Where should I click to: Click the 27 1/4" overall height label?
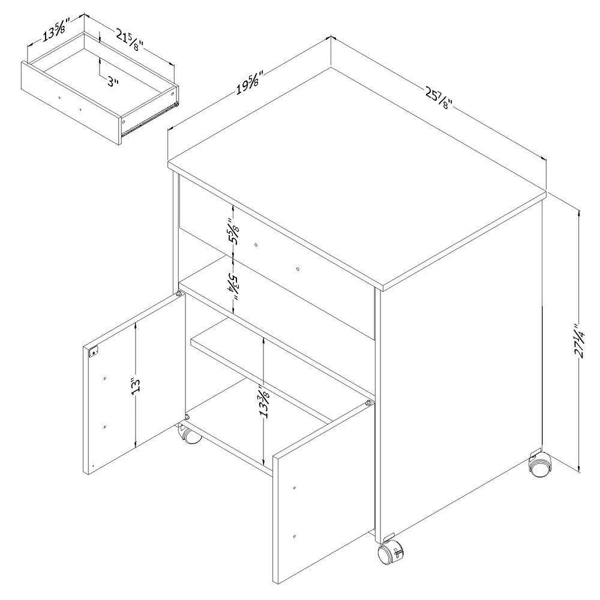pyautogui.click(x=578, y=341)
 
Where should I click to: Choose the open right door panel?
pyautogui.click(x=321, y=480)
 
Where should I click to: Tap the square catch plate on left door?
pyautogui.click(x=93, y=353)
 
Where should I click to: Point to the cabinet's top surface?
pyautogui.click(x=360, y=174)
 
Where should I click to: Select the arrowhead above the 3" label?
pyautogui.click(x=99, y=61)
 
